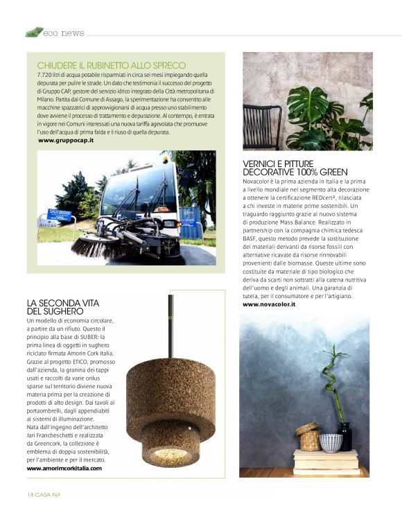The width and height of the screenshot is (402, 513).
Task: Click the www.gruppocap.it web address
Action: click(x=66, y=140)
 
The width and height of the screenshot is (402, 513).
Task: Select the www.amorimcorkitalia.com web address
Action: click(x=64, y=469)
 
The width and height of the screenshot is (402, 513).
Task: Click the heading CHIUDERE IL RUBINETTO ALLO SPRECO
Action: click(x=112, y=65)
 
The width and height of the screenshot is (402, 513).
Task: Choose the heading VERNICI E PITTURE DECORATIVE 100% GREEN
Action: click(x=295, y=167)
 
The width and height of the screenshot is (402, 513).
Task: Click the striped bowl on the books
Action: click(x=331, y=442)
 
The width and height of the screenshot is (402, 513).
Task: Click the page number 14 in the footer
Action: click(x=30, y=494)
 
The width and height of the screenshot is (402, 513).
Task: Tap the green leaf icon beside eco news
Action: click(x=33, y=32)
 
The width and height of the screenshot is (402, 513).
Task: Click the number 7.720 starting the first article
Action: click(x=47, y=73)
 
